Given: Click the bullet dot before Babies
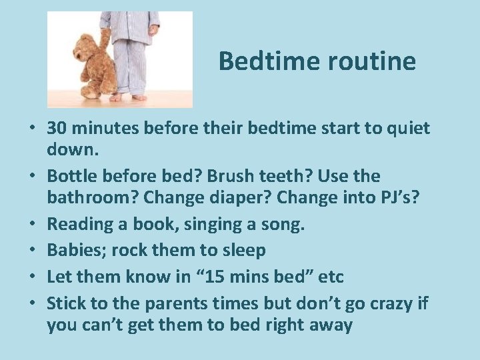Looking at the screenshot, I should pos(33,251).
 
